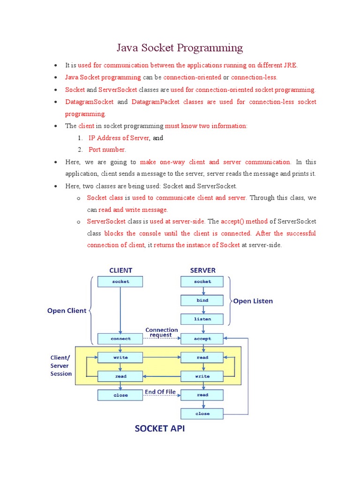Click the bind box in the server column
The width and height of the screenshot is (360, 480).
click(x=202, y=300)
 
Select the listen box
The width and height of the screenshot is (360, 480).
click(x=202, y=319)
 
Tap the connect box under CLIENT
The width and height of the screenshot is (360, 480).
click(x=120, y=338)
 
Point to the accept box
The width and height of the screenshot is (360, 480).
click(x=202, y=338)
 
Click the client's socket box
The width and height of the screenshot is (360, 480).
click(x=120, y=281)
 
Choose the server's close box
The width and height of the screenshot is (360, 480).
click(x=202, y=413)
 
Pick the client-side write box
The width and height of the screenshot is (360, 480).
click(x=120, y=357)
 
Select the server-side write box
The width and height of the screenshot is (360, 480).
click(x=202, y=376)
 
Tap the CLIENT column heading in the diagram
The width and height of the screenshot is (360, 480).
click(x=120, y=270)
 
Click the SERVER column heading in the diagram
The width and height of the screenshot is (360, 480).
click(x=202, y=270)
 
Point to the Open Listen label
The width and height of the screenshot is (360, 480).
click(x=253, y=301)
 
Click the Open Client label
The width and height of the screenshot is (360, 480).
click(x=67, y=310)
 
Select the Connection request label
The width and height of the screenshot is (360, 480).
click(x=162, y=332)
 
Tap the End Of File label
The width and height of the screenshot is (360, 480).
click(x=160, y=391)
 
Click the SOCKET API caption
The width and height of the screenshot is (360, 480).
click(x=159, y=428)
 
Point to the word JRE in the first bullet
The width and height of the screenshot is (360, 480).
click(x=292, y=65)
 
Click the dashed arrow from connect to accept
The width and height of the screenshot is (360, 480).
click(x=162, y=339)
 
